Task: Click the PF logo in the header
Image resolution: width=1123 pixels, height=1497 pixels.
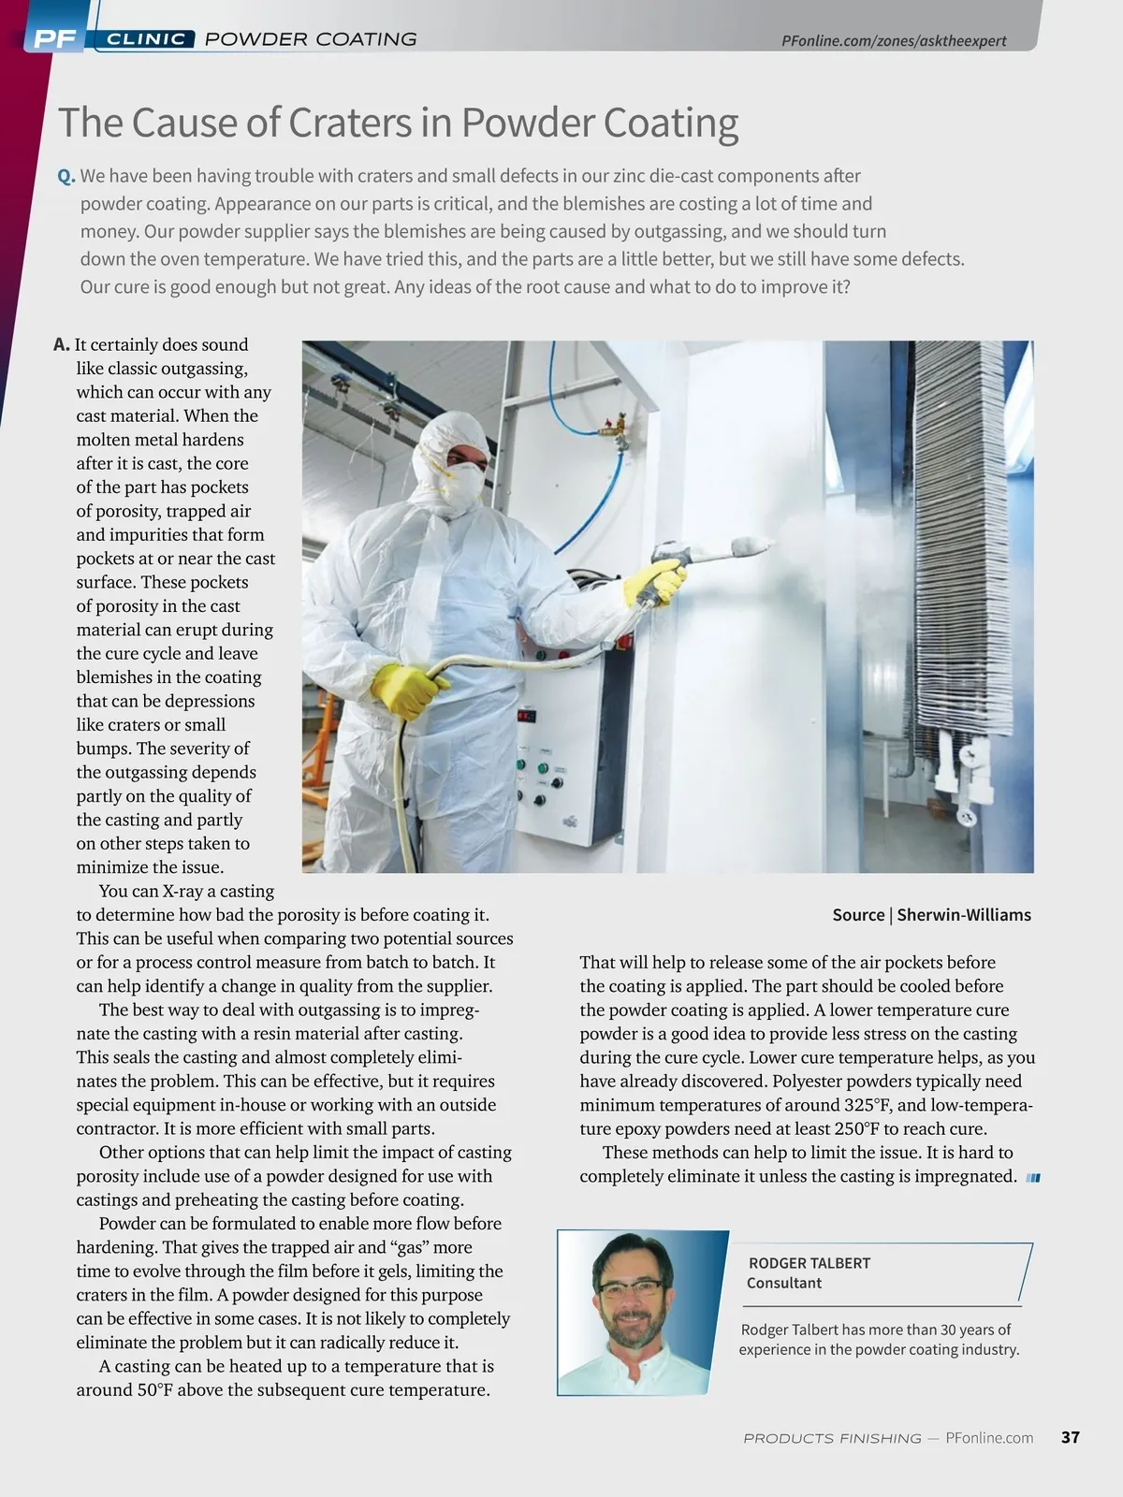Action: (x=54, y=38)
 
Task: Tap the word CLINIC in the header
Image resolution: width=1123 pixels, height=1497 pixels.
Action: (x=145, y=39)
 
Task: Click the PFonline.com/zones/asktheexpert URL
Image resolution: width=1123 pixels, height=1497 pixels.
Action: (x=894, y=41)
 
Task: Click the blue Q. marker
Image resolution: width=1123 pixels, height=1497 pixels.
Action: (x=66, y=176)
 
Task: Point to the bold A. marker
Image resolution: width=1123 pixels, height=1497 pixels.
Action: (x=62, y=344)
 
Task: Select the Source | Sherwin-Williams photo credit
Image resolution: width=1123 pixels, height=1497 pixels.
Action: (x=931, y=915)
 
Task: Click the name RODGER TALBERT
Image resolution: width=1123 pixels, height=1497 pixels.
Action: (x=809, y=1263)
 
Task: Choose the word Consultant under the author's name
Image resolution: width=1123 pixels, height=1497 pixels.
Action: (x=784, y=1283)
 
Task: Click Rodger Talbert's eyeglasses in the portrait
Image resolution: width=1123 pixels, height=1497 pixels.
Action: (x=629, y=1287)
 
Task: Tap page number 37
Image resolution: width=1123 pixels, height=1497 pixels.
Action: (x=1071, y=1437)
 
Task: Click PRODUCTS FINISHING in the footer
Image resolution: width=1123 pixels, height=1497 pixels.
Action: (x=832, y=1438)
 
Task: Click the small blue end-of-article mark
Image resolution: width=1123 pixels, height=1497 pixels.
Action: (x=1033, y=1178)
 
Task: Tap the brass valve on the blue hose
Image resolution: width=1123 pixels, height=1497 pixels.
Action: (x=614, y=428)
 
